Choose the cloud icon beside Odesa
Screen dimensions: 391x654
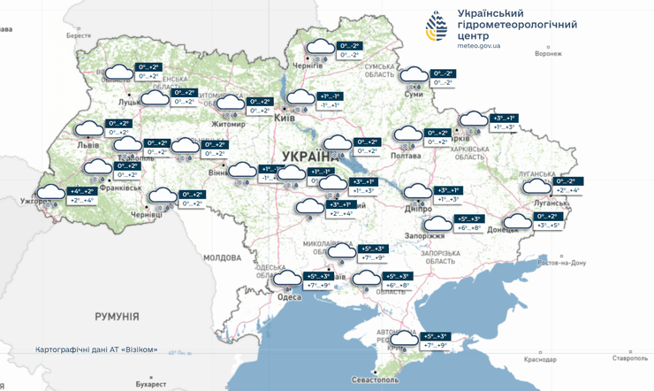point(287,280)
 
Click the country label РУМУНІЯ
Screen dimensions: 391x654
point(117,316)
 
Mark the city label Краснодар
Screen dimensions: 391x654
point(541,360)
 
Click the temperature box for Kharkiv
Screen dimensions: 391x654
point(504,122)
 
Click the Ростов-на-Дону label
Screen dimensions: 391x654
point(562,263)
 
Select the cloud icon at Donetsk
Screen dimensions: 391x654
point(514,222)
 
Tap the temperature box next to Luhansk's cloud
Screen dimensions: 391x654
point(565,186)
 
